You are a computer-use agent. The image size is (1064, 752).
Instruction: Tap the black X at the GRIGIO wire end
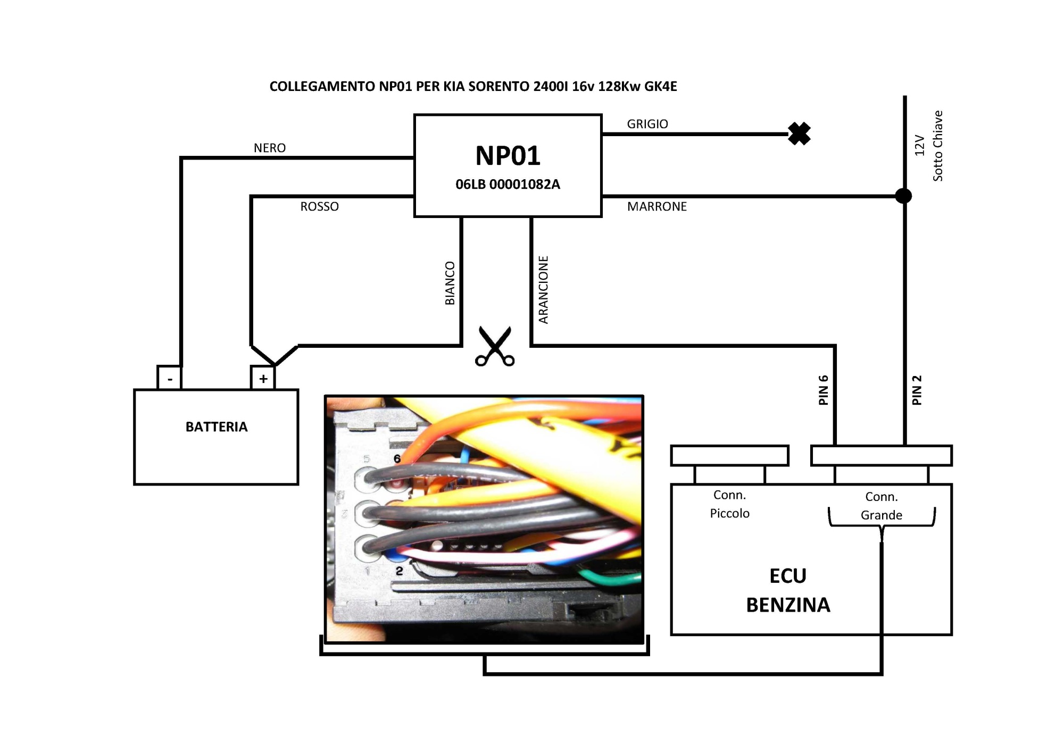click(x=799, y=133)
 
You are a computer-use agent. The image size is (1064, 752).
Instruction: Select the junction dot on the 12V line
click(x=903, y=196)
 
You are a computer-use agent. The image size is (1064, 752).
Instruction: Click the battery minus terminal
click(x=170, y=378)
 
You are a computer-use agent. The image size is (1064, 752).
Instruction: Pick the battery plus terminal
click(x=263, y=378)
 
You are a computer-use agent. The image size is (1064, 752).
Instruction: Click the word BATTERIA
click(x=217, y=427)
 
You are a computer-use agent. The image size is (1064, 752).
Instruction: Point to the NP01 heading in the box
click(x=508, y=156)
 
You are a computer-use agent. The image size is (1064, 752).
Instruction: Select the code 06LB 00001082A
click(x=508, y=185)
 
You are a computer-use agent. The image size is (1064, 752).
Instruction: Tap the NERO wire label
click(x=270, y=148)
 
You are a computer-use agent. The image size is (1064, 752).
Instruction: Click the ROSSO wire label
click(x=319, y=206)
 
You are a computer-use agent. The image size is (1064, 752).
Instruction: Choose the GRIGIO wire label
click(x=647, y=124)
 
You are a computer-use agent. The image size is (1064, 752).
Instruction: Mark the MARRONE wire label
click(x=657, y=206)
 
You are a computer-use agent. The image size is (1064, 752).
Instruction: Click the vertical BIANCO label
click(x=450, y=283)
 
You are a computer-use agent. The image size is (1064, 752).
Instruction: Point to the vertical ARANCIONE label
click(x=543, y=290)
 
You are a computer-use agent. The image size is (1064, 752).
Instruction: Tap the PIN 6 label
click(x=824, y=390)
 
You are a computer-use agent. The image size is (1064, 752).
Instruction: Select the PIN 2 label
click(x=917, y=390)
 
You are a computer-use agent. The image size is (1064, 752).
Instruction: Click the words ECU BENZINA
click(x=788, y=590)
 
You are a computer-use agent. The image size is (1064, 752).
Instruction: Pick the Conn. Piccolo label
click(x=729, y=504)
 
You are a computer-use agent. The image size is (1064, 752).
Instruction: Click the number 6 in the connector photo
click(x=397, y=458)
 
